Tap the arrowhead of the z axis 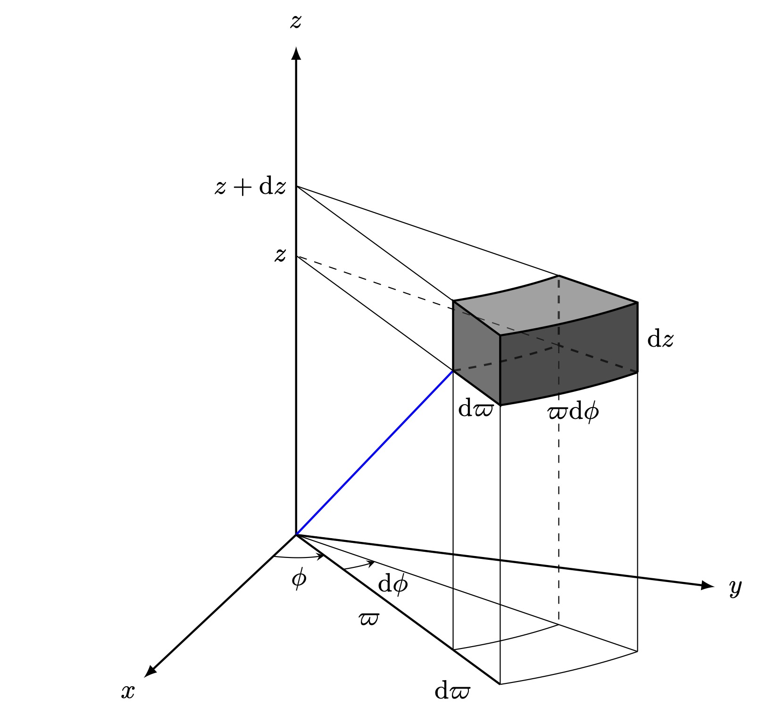coord(296,53)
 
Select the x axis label coord(128,691)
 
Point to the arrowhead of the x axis coord(149,672)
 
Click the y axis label coord(735,587)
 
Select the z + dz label coord(250,187)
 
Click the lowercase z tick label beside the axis coord(280,255)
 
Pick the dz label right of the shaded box coord(660,339)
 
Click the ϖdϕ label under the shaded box coord(573,412)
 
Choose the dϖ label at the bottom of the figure coord(452,691)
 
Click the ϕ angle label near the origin coord(299,578)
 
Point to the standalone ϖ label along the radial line coord(368,619)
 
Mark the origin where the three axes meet coord(296,535)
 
